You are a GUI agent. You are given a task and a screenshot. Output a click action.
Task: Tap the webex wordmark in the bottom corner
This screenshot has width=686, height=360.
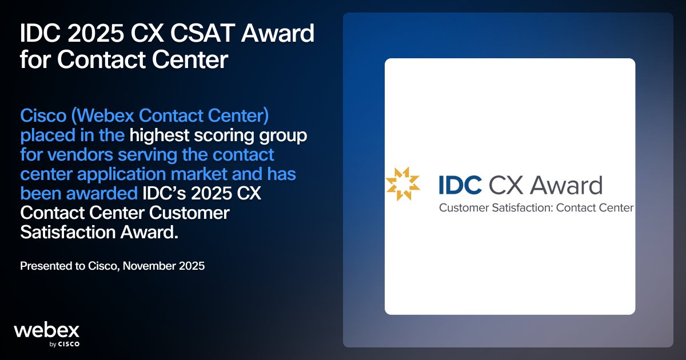46,330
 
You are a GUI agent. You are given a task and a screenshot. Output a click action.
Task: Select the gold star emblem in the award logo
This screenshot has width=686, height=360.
402,184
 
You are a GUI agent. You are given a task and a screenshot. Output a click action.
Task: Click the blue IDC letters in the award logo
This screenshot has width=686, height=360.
460,185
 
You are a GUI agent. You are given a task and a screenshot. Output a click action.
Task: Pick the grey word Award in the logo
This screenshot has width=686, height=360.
566,185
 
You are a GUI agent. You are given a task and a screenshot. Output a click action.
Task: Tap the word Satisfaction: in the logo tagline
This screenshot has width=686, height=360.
523,207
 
